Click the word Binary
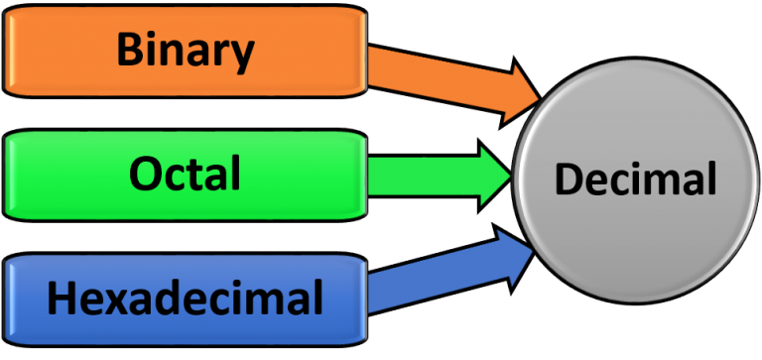coord(185,51)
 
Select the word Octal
coord(185,174)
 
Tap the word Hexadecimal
coord(185,297)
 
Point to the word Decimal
coord(635,180)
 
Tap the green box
coord(60,176)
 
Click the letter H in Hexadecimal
coord(63,297)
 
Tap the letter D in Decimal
coord(569,180)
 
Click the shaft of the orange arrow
coord(427,72)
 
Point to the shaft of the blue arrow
coord(427,281)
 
